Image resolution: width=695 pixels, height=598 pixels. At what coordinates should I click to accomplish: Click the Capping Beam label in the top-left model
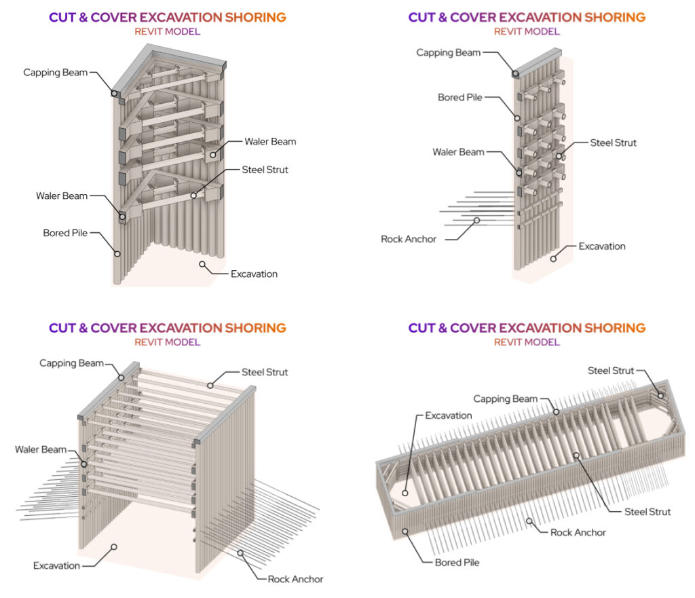pyautogui.click(x=56, y=72)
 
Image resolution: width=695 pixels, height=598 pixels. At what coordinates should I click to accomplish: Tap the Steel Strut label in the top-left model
pyautogui.click(x=265, y=170)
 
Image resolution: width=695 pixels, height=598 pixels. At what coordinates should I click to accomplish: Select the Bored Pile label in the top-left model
pyautogui.click(x=65, y=233)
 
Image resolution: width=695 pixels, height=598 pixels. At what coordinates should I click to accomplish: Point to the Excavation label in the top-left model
pyautogui.click(x=254, y=274)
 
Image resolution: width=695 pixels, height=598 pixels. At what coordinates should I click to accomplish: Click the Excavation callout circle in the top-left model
pyautogui.click(x=201, y=263)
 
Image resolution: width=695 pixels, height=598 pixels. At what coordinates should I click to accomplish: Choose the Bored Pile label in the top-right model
pyautogui.click(x=460, y=98)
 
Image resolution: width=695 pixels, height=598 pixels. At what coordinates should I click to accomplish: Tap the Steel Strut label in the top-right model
pyautogui.click(x=613, y=143)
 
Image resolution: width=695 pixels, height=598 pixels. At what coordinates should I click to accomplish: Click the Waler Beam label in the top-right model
pyautogui.click(x=458, y=152)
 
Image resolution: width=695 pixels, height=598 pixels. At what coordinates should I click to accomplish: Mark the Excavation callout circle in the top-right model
pyautogui.click(x=555, y=258)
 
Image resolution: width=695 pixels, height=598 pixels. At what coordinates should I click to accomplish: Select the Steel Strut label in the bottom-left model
pyautogui.click(x=265, y=372)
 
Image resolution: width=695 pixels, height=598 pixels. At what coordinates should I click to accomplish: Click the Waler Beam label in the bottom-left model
pyautogui.click(x=41, y=449)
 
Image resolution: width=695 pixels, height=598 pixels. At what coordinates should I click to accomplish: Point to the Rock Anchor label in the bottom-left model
pyautogui.click(x=295, y=579)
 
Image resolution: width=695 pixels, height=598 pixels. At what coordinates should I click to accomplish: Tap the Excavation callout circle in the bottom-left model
pyautogui.click(x=115, y=546)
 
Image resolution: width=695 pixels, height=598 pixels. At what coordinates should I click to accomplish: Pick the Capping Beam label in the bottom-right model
pyautogui.click(x=505, y=399)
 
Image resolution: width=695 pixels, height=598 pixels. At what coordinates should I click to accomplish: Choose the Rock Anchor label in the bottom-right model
pyautogui.click(x=578, y=532)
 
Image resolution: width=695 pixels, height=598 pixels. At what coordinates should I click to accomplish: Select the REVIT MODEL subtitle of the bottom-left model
pyautogui.click(x=167, y=342)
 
